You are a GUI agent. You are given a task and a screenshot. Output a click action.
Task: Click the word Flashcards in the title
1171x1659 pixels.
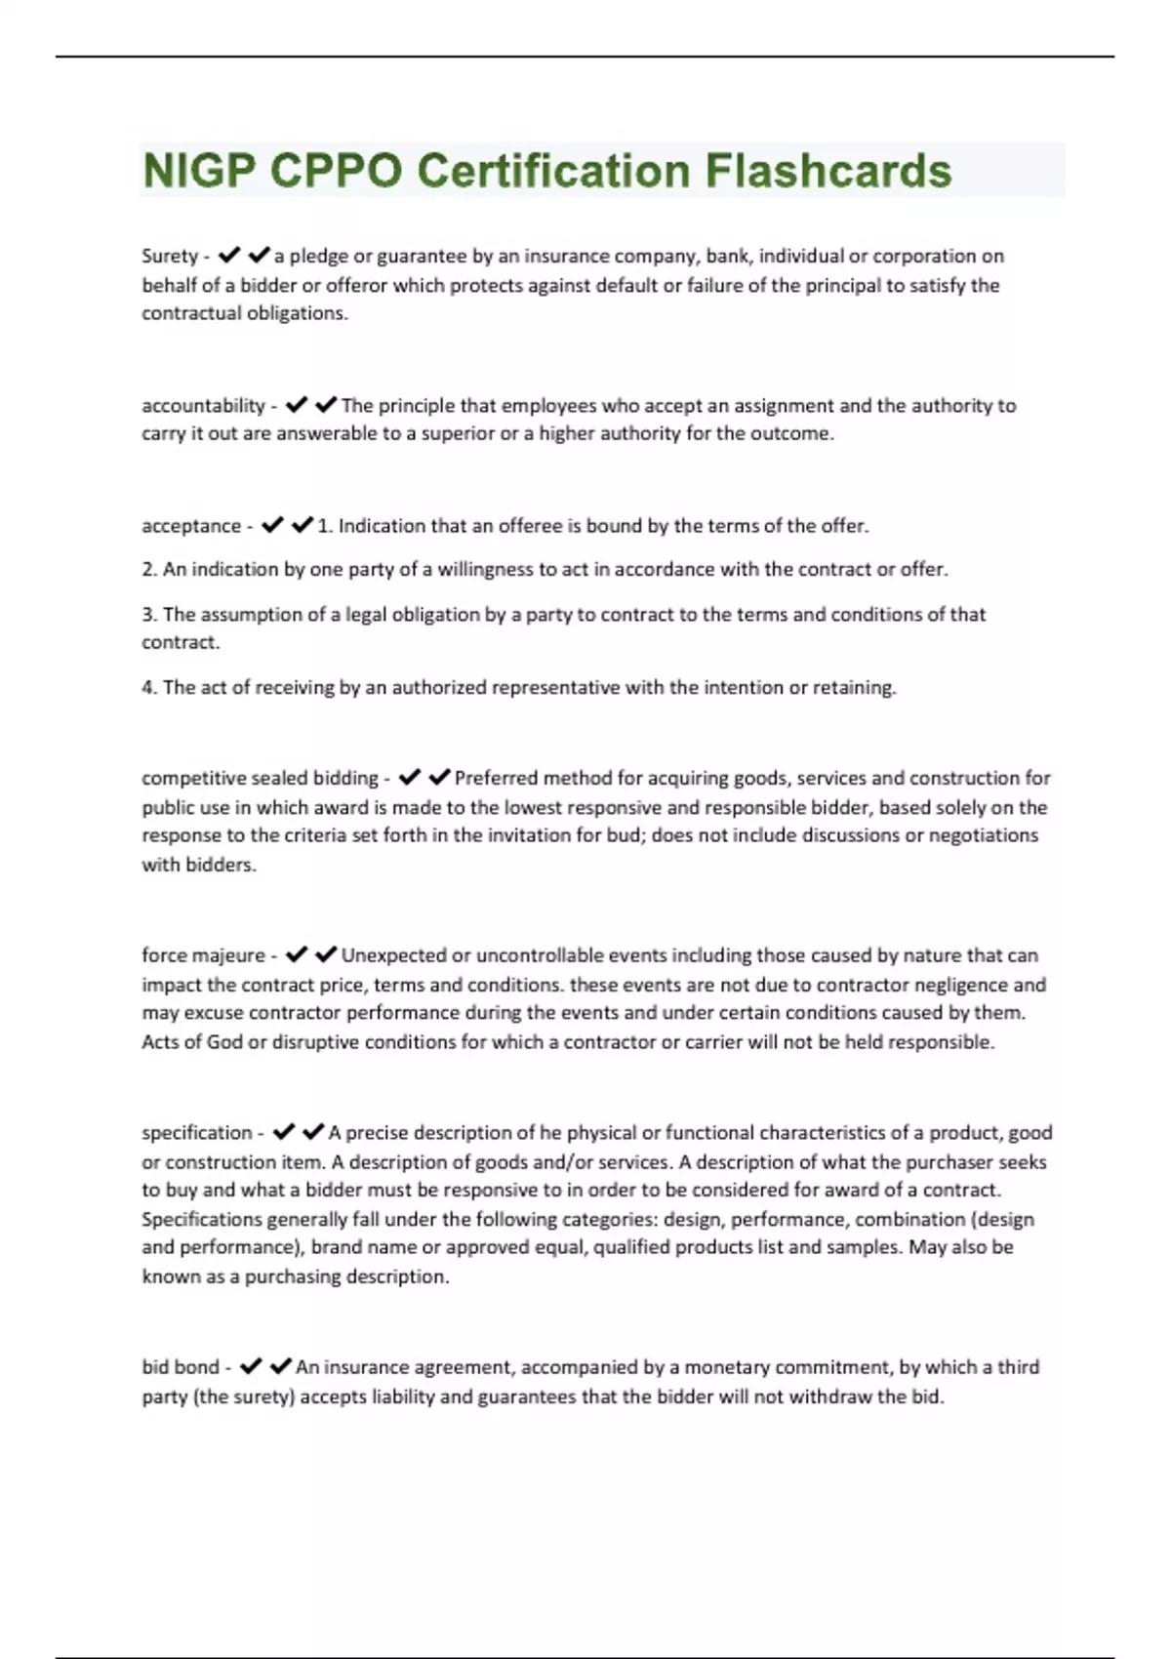[x=828, y=171]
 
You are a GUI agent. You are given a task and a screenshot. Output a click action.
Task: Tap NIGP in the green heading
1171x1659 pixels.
[x=199, y=171]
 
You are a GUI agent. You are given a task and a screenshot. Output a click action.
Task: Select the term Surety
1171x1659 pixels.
[x=170, y=256]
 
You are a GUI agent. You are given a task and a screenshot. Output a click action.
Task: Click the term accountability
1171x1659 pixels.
[x=203, y=405]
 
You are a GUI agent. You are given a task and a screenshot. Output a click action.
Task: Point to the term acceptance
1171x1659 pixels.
[x=191, y=526]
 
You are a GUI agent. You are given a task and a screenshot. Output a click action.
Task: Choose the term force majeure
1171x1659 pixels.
[x=203, y=955]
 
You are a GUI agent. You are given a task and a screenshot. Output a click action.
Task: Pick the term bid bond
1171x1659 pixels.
[x=181, y=1367]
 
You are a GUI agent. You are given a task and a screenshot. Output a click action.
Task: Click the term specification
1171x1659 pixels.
[x=196, y=1133]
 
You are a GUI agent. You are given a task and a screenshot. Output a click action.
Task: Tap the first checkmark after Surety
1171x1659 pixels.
[x=229, y=256]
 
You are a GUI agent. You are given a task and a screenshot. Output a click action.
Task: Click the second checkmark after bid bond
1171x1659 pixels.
[x=281, y=1366]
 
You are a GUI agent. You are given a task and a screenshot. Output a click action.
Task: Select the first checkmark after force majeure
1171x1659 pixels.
[x=297, y=954]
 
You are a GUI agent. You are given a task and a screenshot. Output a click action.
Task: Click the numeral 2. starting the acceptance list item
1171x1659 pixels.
[x=149, y=570]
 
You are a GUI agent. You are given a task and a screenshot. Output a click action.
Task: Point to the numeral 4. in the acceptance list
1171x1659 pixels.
[x=149, y=688]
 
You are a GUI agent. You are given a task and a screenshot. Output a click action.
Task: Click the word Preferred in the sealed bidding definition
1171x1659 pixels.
[x=496, y=779]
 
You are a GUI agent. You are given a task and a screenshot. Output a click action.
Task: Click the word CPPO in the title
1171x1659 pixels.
[x=336, y=171]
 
